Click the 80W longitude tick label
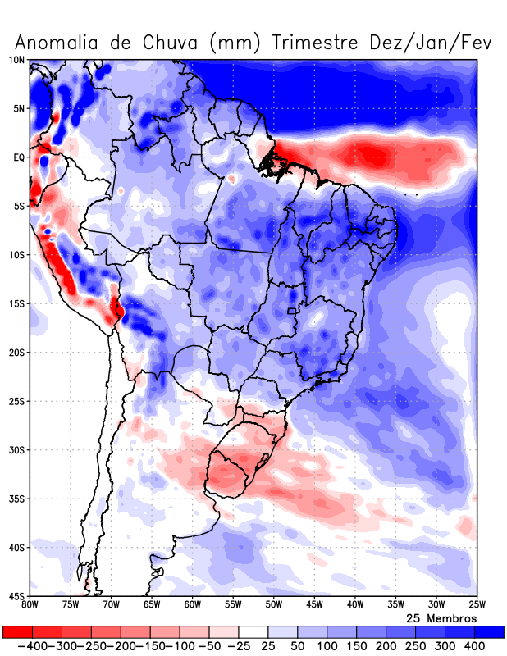30,605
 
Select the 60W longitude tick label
192,605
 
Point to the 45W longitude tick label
314,605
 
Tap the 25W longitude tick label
476,605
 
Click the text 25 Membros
441,617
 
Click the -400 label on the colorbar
30,646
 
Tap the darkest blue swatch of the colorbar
490,632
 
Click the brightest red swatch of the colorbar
16,632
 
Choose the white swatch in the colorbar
253,632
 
